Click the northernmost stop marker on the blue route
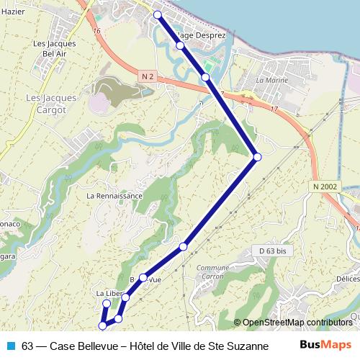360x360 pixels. coord(157,15)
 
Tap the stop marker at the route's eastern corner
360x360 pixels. coord(257,156)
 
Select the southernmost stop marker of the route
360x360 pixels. coord(102,325)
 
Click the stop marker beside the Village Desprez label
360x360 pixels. coord(180,45)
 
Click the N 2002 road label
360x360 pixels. coord(325,186)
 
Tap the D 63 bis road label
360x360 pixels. coord(272,251)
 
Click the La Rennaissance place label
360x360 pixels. coord(114,196)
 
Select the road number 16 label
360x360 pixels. coord(96,32)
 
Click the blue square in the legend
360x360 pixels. coord(10,345)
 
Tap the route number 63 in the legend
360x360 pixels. coord(28,345)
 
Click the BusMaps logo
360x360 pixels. coord(325,344)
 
